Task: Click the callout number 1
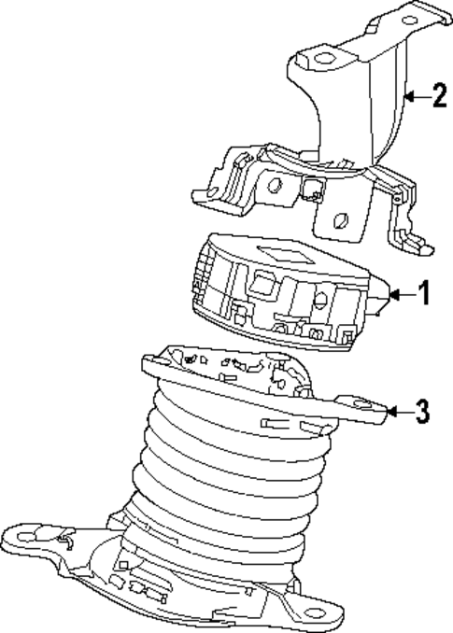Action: point(424,295)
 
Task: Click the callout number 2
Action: point(438,94)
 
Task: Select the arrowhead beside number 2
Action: point(408,94)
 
